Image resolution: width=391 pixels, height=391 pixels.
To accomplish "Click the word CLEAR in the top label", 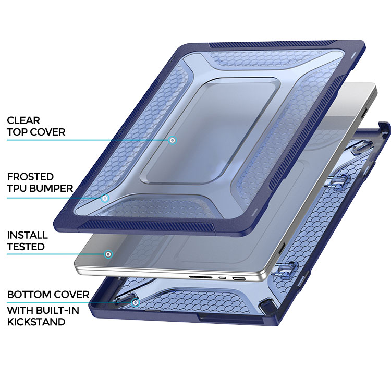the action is (x=23, y=121).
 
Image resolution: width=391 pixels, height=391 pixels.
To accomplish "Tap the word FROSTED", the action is (x=30, y=177).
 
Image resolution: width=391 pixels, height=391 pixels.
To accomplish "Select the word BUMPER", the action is (x=52, y=188).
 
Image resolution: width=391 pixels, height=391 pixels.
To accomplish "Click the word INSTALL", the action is (x=28, y=235).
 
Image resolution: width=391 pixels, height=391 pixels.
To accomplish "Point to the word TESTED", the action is (x=26, y=247).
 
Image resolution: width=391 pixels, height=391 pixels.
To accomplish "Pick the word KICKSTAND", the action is (x=36, y=322).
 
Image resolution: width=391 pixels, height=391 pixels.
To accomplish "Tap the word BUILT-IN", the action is (x=57, y=311).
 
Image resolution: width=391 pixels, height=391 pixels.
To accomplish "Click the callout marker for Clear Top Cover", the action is (x=172, y=140).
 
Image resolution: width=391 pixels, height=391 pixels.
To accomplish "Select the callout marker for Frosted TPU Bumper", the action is (x=105, y=198).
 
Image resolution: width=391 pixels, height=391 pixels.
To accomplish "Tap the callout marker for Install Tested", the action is (x=108, y=254).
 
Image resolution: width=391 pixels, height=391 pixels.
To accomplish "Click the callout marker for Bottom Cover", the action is (x=136, y=303).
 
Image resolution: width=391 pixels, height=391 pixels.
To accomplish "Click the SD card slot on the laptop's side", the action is (x=201, y=277).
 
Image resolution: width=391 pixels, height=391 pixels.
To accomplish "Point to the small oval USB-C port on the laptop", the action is (x=222, y=278).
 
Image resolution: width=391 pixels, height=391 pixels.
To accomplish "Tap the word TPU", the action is (x=18, y=188).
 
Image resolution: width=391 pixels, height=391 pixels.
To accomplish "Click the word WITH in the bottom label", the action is (x=20, y=311).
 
